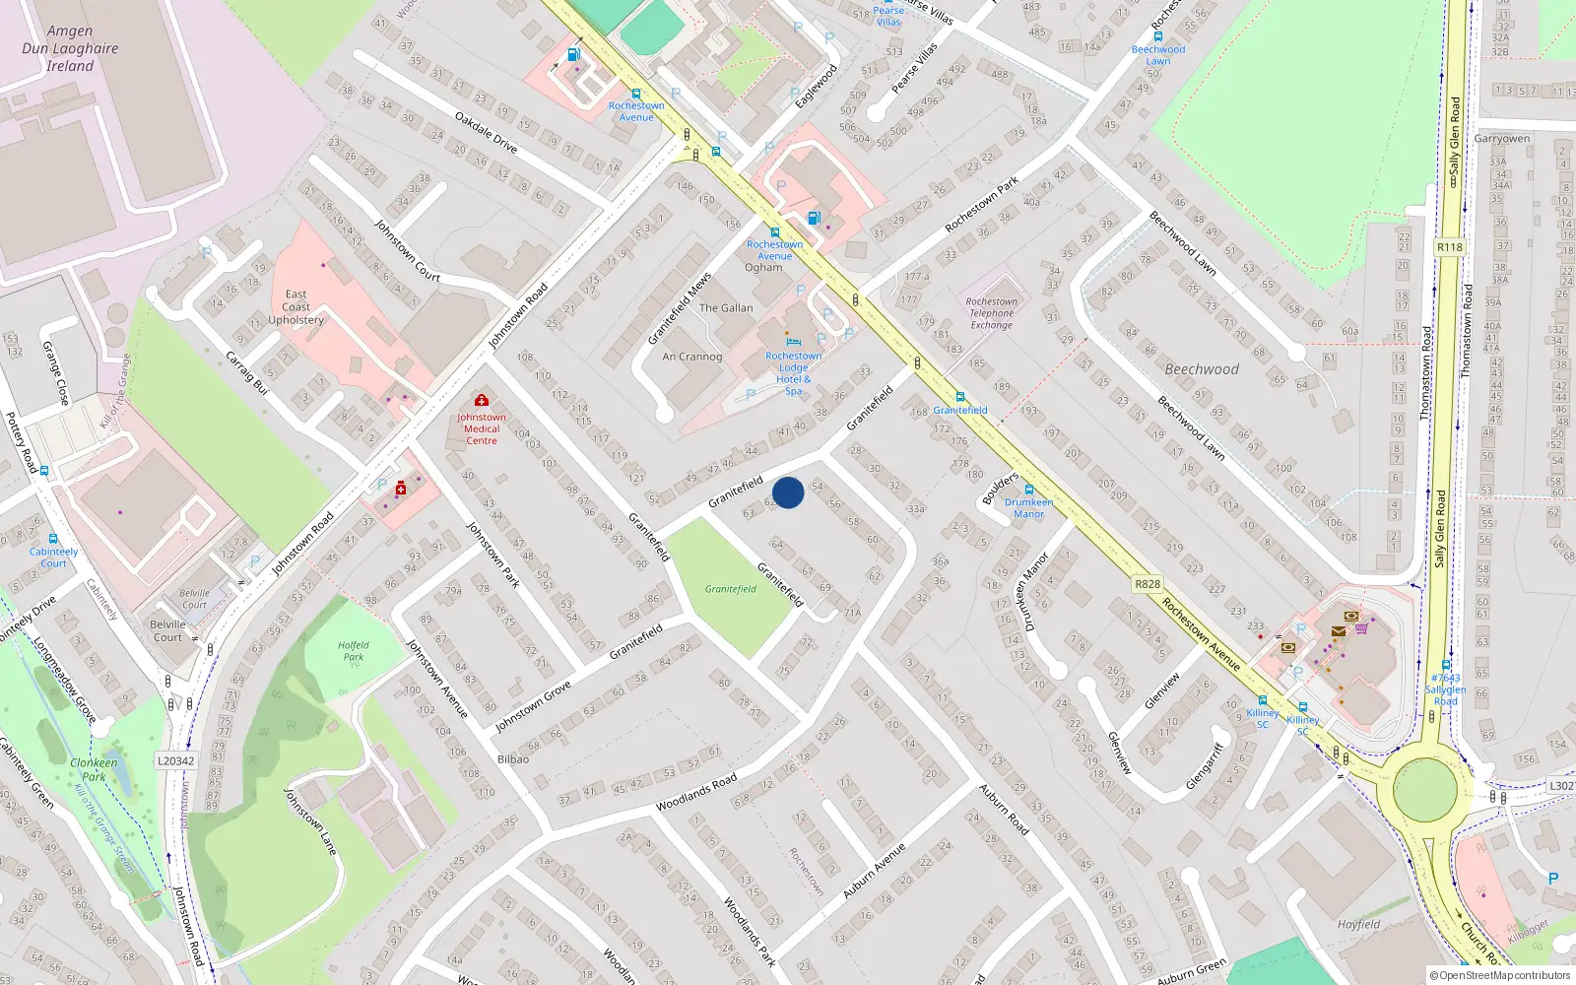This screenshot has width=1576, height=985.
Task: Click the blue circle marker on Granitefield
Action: click(x=788, y=492)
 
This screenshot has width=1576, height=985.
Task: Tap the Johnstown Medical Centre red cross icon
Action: click(x=482, y=400)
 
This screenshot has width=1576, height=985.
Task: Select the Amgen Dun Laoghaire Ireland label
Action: click(x=70, y=48)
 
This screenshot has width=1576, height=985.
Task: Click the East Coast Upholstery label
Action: click(x=296, y=307)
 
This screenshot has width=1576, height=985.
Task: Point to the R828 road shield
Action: click(x=1148, y=584)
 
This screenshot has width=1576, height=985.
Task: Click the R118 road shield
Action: click(x=1449, y=247)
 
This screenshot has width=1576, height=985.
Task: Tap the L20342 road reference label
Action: click(x=176, y=760)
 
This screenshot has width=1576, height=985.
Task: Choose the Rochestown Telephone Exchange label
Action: click(x=991, y=313)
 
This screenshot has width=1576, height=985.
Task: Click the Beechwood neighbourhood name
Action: click(x=1202, y=369)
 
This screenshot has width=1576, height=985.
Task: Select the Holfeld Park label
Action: click(x=353, y=651)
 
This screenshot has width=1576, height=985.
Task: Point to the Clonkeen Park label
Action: click(x=94, y=769)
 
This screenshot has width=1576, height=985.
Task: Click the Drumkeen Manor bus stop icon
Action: click(x=1028, y=490)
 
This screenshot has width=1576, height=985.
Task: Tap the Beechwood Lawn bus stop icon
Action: click(x=1158, y=36)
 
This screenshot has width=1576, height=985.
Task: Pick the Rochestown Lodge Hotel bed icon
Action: click(x=794, y=342)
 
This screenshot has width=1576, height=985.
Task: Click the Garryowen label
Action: click(x=1502, y=139)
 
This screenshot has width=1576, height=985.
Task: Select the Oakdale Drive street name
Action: click(x=486, y=131)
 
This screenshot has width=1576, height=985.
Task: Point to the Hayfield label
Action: click(x=1358, y=924)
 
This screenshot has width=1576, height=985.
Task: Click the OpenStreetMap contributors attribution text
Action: click(x=1501, y=975)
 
